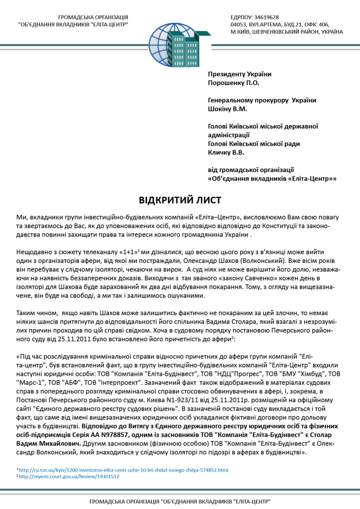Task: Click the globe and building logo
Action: coord(180,40)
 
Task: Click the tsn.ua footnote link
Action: coord(124,469)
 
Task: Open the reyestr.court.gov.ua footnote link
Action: coord(70,476)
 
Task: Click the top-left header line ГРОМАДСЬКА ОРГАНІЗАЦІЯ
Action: coord(93,17)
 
